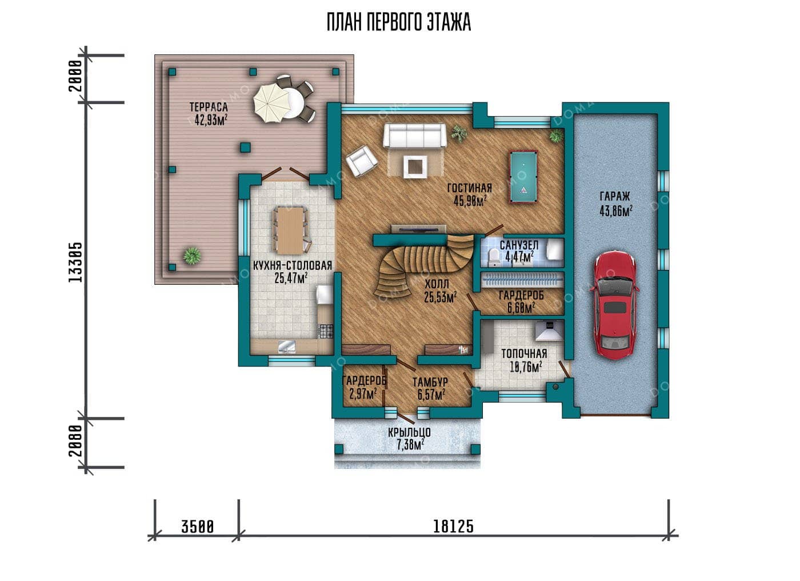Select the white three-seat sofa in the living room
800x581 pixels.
click(x=414, y=136)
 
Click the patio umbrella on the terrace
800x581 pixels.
click(x=271, y=104)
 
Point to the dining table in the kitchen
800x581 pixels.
click(x=290, y=230)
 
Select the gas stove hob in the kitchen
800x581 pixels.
click(x=326, y=331)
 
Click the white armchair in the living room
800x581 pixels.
click(x=361, y=161)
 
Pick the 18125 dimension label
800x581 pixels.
click(x=453, y=526)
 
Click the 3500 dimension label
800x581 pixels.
click(x=198, y=526)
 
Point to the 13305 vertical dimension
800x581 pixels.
click(x=75, y=262)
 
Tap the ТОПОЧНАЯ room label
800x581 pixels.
click(x=525, y=353)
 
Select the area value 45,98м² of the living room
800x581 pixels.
click(x=471, y=201)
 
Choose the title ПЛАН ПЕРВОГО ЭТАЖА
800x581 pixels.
click(x=399, y=22)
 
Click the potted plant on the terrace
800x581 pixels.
click(x=192, y=256)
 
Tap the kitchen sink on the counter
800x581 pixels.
click(x=287, y=346)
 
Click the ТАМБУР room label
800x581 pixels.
click(x=430, y=382)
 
